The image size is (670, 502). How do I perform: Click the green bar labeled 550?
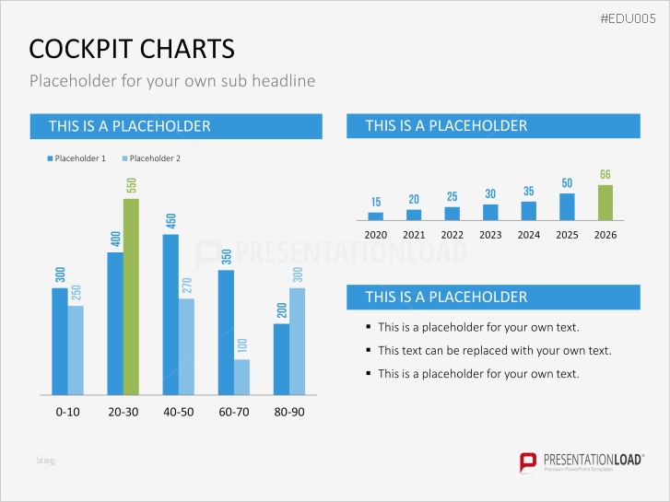click(x=131, y=297)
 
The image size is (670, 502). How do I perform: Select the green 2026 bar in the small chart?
click(x=605, y=203)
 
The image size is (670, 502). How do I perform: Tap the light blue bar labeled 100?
click(x=241, y=377)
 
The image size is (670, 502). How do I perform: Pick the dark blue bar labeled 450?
click(x=170, y=314)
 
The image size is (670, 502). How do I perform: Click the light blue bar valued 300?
click(x=297, y=341)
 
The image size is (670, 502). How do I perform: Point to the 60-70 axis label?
click(x=233, y=412)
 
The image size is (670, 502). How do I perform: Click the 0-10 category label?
click(x=67, y=412)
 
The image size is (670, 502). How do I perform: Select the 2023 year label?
click(x=490, y=235)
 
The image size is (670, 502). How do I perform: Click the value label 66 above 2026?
click(x=605, y=174)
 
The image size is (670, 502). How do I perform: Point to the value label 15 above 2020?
click(x=376, y=202)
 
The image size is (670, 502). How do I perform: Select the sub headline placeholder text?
click(x=172, y=81)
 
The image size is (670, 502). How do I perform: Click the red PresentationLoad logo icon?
click(x=528, y=461)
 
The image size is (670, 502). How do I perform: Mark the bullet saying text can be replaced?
click(x=494, y=350)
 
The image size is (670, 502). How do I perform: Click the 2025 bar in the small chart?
click(x=567, y=206)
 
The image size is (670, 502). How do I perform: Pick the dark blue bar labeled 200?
click(x=281, y=359)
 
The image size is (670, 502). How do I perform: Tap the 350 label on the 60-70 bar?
click(x=226, y=258)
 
